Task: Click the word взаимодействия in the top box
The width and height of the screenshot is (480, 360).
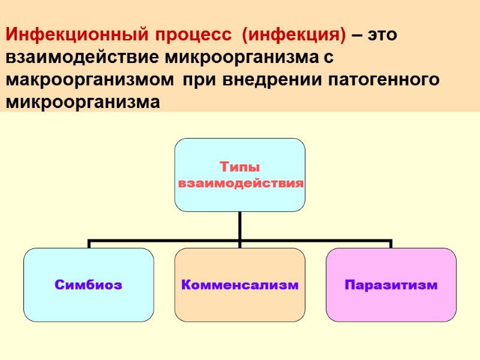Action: pyautogui.click(x=240, y=182)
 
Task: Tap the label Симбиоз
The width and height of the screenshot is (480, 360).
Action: pyautogui.click(x=88, y=285)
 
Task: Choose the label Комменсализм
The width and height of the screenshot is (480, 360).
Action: pyautogui.click(x=240, y=285)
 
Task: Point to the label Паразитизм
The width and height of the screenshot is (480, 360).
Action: pyautogui.click(x=391, y=285)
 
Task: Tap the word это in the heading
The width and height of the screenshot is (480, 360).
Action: pyautogui.click(x=383, y=35)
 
